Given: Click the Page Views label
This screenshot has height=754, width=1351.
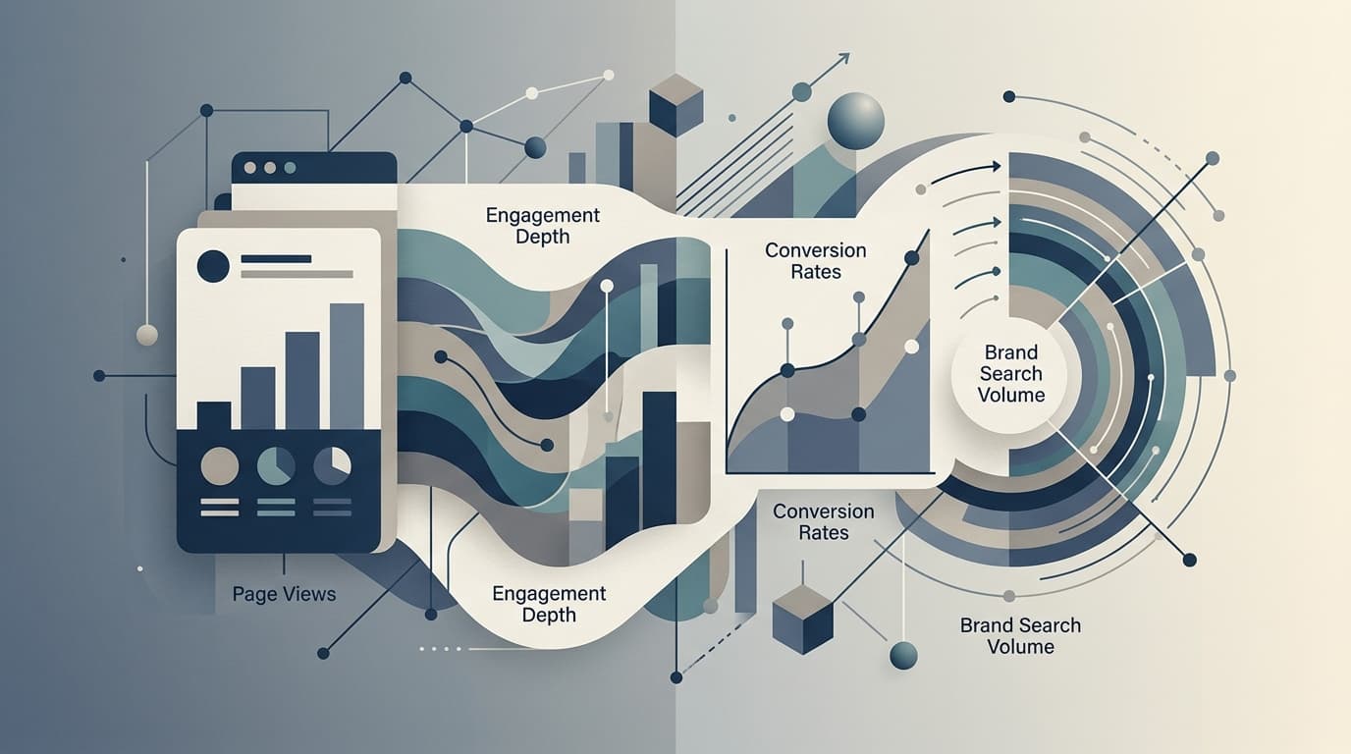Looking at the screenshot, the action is (x=284, y=594).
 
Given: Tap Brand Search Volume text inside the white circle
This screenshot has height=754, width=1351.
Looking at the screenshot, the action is (x=1011, y=373).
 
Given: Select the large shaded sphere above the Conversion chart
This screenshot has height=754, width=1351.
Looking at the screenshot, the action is (x=856, y=121).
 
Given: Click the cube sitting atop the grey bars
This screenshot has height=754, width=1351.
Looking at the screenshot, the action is (x=676, y=105).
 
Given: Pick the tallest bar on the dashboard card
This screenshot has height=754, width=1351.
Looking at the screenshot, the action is (x=347, y=366).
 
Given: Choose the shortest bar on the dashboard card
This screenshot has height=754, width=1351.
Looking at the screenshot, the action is (x=214, y=415).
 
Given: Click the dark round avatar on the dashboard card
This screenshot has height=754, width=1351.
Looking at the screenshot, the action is (x=213, y=266).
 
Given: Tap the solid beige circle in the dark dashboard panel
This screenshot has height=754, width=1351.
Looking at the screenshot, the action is (x=219, y=466).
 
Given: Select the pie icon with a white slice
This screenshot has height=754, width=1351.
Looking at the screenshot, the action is (x=332, y=465).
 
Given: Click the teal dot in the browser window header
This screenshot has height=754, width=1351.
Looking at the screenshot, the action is (x=290, y=168).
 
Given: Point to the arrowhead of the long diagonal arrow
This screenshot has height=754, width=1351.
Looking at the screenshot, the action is (x=845, y=58).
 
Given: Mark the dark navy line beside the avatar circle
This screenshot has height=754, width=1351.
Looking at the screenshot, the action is (x=276, y=259).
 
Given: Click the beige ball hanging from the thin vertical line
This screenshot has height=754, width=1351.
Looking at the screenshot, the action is (x=147, y=335).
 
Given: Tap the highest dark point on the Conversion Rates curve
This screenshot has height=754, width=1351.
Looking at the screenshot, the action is (x=912, y=258).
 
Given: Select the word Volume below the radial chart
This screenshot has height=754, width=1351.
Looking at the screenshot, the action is (x=1020, y=647).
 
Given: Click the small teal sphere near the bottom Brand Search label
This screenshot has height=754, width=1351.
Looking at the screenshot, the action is (x=903, y=655).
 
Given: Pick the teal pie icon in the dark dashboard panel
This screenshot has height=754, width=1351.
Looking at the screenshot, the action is (x=276, y=465).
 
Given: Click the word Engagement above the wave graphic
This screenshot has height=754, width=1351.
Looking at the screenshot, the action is (x=542, y=216).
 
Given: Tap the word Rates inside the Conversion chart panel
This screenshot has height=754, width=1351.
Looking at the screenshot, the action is (x=816, y=272).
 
